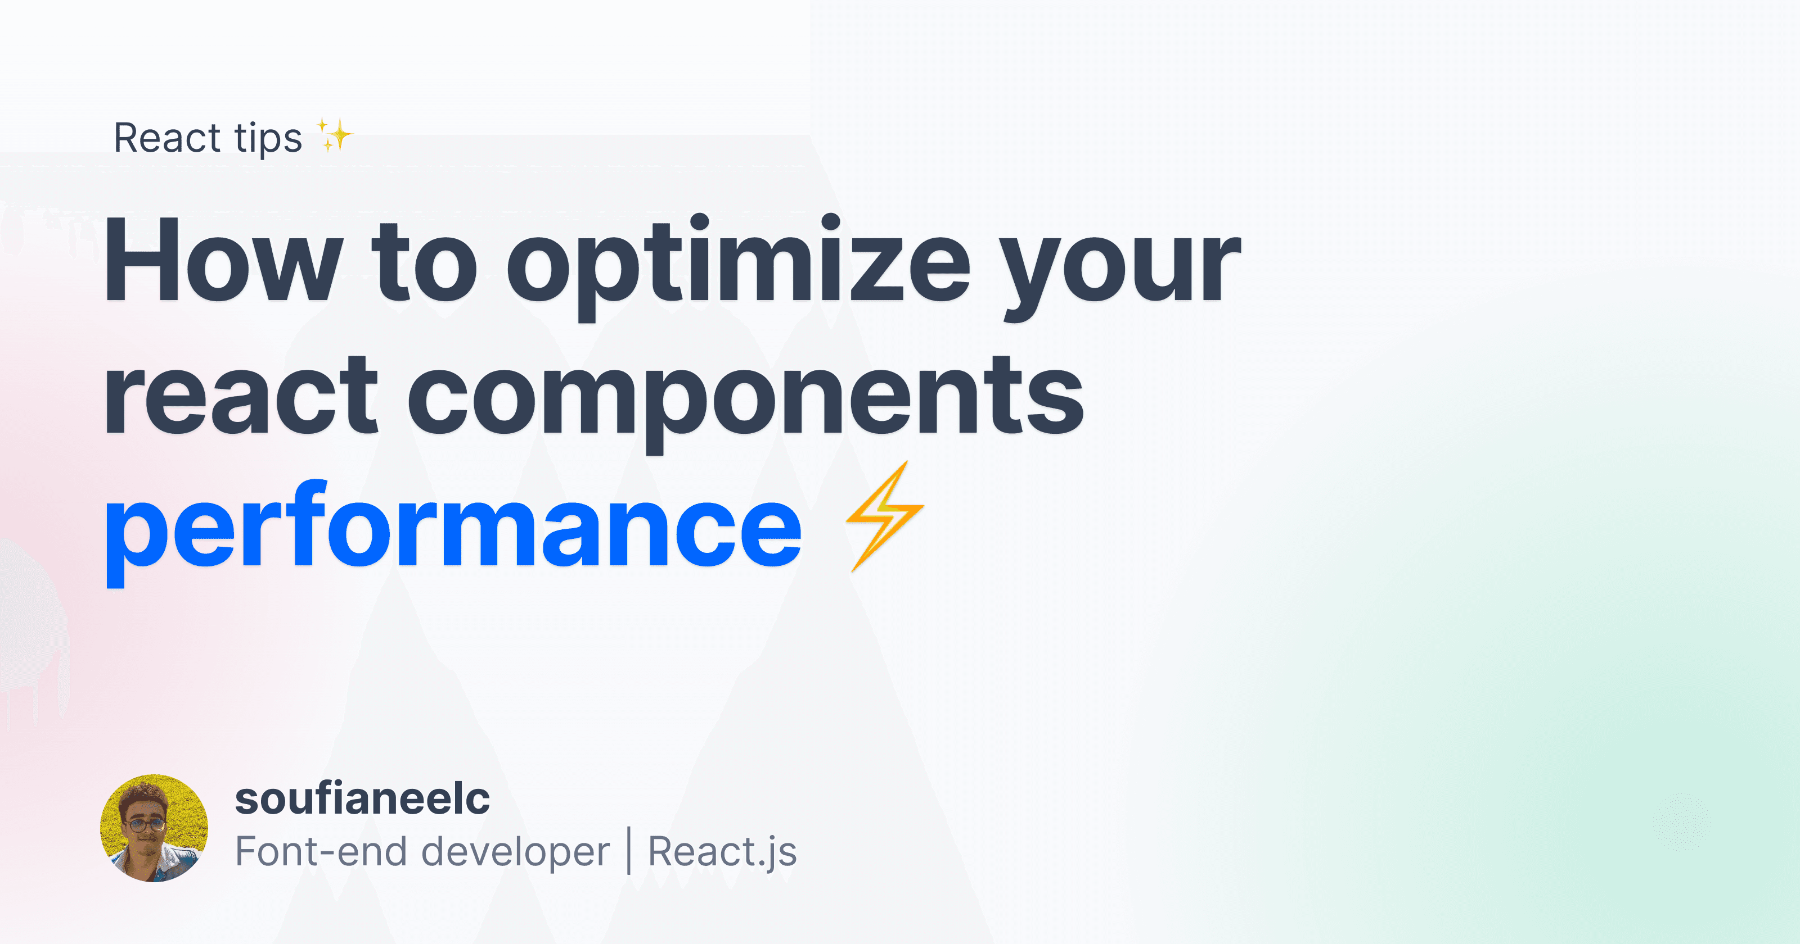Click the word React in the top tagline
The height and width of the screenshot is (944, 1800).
click(168, 138)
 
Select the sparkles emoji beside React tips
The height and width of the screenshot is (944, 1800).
click(335, 135)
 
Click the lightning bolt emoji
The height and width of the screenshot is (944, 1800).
click(885, 517)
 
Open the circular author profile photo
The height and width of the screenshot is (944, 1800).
click(155, 828)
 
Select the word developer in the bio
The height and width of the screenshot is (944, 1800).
click(516, 853)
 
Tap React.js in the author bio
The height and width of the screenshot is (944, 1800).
click(722, 852)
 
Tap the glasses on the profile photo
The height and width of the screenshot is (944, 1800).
click(146, 825)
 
